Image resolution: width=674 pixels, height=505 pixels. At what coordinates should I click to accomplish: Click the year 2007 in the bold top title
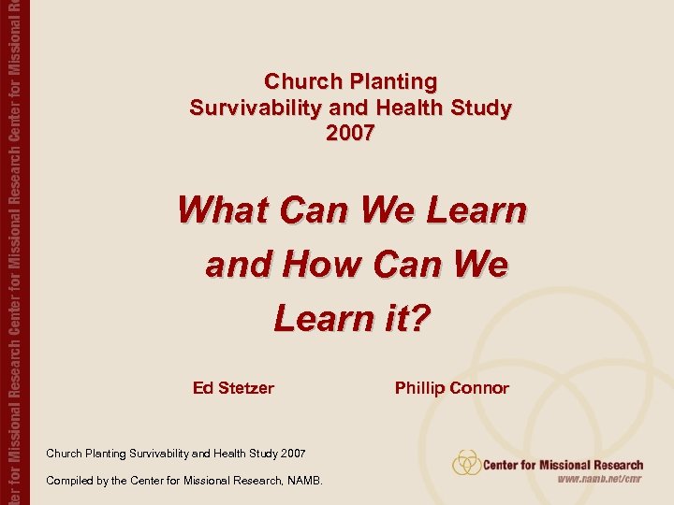pos(350,134)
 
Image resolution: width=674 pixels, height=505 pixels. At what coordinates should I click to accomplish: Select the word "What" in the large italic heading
pos(225,209)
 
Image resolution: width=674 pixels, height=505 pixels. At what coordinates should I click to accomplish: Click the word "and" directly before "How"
pos(235,265)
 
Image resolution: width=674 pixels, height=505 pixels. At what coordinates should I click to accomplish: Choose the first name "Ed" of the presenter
pos(203,387)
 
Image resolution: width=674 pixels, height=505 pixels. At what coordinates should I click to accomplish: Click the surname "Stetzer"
pos(246,387)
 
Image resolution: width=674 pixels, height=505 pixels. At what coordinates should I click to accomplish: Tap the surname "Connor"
pos(479,387)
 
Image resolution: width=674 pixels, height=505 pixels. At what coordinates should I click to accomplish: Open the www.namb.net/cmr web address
pos(600,481)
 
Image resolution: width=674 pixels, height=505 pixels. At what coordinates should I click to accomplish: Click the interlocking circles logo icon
pos(466,463)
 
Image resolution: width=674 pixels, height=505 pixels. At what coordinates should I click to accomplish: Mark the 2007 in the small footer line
pos(291,454)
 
